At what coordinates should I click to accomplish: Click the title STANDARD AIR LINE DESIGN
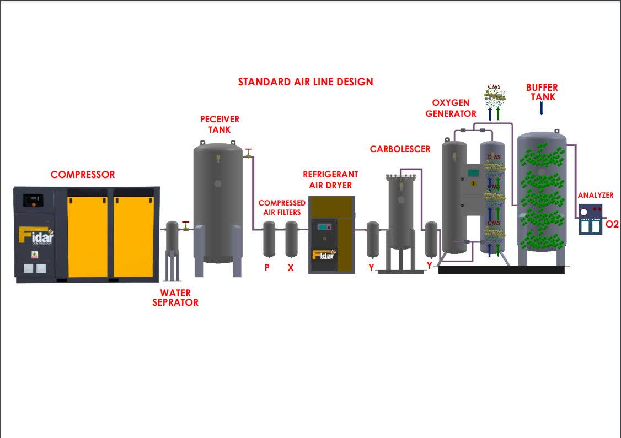pos(306,82)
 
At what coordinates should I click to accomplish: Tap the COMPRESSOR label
pos(83,175)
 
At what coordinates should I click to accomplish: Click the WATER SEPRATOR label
pos(175,298)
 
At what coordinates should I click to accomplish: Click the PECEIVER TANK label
pos(220,125)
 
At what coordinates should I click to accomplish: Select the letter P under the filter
pos(267,268)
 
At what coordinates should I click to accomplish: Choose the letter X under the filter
pos(291,268)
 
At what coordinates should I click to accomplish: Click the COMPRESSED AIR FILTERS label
pos(282,207)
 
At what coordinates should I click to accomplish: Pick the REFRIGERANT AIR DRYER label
pos(330,180)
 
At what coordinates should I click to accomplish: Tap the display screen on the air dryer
pos(323,226)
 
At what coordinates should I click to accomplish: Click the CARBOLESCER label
pos(400,149)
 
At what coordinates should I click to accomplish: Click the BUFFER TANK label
pos(542,92)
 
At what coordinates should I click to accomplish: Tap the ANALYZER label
pos(595,195)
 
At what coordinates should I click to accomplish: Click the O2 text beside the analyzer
pos(612,224)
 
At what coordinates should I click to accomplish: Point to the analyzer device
pos(591,219)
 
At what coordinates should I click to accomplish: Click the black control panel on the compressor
pos(34,199)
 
